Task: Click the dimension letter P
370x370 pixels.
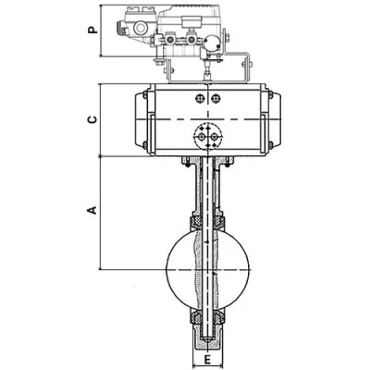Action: pyautogui.click(x=92, y=30)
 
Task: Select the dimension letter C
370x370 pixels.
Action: pyautogui.click(x=92, y=119)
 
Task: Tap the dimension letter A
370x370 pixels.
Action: pyautogui.click(x=92, y=210)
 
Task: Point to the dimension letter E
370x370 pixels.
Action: pyautogui.click(x=207, y=359)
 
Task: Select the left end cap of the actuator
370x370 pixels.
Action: pyautogui.click(x=142, y=119)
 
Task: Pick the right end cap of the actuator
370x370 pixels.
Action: pyautogui.click(x=274, y=119)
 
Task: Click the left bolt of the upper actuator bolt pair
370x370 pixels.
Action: pyautogui.click(x=200, y=99)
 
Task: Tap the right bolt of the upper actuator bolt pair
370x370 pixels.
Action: pyautogui.click(x=216, y=99)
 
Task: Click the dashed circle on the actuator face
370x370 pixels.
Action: pyautogui.click(x=193, y=136)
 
